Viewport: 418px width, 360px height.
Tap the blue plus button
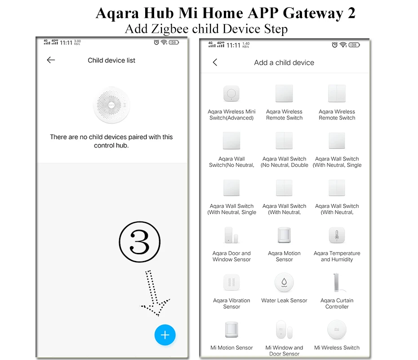click(x=165, y=335)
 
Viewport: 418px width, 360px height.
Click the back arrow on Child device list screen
click(x=51, y=60)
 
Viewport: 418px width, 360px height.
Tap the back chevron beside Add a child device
click(x=215, y=63)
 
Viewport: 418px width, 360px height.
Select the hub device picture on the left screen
click(x=111, y=104)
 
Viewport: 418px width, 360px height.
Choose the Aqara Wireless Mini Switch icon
click(x=231, y=94)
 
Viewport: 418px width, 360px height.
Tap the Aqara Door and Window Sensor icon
click(x=231, y=235)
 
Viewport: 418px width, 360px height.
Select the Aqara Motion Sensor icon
click(x=284, y=235)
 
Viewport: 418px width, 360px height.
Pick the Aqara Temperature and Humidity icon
click(x=337, y=235)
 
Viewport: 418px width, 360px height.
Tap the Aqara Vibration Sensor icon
click(x=231, y=283)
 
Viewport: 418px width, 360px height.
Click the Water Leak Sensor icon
click(x=284, y=283)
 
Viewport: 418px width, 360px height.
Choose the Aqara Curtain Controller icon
click(x=337, y=283)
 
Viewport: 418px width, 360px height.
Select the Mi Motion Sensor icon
click(x=231, y=330)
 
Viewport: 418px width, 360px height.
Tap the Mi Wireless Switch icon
click(x=337, y=330)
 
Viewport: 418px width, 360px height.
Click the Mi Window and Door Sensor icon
click(x=284, y=330)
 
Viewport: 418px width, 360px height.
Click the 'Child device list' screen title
click(x=111, y=60)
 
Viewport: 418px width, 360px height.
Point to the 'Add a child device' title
click(x=284, y=63)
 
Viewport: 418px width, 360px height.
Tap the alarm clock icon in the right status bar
click(x=334, y=45)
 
